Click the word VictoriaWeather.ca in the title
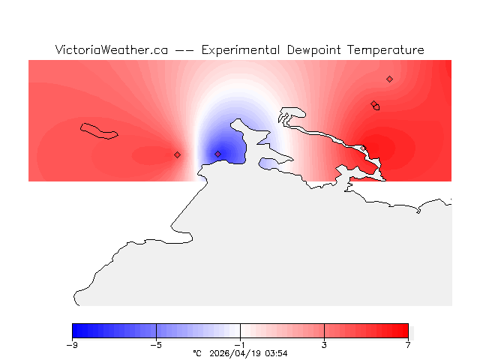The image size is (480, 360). point(111,50)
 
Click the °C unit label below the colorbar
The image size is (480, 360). point(197,352)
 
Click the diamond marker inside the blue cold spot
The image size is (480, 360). point(218,154)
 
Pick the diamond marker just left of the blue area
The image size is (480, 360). point(178,154)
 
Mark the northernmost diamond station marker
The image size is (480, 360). point(389,79)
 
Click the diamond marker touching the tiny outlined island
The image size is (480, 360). point(373,104)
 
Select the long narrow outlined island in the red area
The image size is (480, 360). point(100,131)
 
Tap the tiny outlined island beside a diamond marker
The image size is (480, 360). point(376,107)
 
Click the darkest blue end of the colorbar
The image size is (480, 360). point(75,331)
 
